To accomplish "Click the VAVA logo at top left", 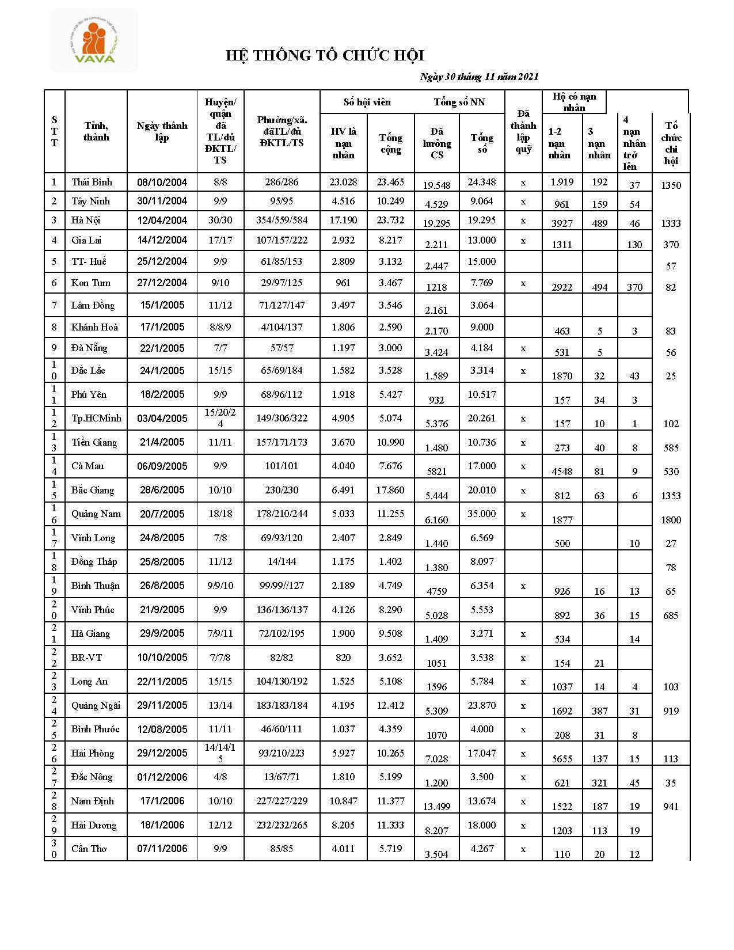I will [94, 40].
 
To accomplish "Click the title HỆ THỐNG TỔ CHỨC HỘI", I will [325, 55].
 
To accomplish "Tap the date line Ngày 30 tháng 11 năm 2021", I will [479, 77].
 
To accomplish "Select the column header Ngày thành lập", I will [162, 131].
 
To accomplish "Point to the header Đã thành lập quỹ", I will [523, 131].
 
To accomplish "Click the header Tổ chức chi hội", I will [671, 143].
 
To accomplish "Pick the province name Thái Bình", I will [92, 182].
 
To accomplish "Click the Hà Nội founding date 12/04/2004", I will [162, 220].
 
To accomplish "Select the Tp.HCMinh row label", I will [96, 418].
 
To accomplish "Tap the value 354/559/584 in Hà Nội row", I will [282, 220].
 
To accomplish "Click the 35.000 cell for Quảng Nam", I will [481, 514].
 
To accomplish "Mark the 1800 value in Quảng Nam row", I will [671, 520].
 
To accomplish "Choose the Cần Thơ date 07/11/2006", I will [162, 849].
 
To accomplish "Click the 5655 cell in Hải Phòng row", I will [562, 759].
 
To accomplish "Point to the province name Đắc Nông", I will [92, 777].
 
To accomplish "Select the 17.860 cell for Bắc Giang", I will [390, 490].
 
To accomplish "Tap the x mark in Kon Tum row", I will [523, 283].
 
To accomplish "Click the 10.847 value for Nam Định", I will [343, 801].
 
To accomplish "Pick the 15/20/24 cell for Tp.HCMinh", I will [220, 418].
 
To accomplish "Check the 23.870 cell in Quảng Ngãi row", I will [481, 705].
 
